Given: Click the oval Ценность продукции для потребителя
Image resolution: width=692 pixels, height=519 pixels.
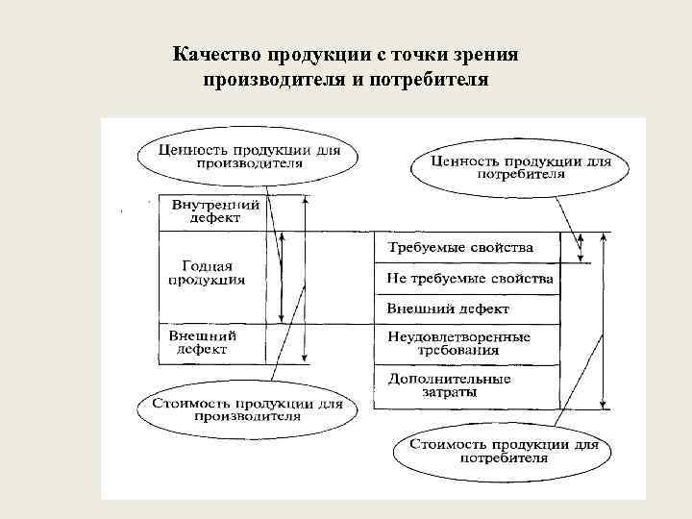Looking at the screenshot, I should click(520, 168).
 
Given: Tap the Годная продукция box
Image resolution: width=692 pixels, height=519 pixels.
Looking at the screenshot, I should click(207, 273).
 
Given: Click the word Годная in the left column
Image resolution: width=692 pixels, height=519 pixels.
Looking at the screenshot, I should click(207, 266).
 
